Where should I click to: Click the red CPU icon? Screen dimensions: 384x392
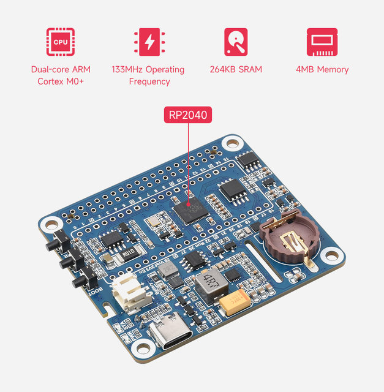click(61, 42)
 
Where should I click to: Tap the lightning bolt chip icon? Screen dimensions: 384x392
click(148, 42)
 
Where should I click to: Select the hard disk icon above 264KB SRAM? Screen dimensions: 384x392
click(235, 42)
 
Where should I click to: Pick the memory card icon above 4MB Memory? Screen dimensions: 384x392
click(322, 42)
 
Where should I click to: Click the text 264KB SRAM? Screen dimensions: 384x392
click(235, 69)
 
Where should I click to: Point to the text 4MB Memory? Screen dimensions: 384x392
click(322, 69)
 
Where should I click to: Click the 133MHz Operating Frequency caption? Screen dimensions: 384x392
click(148, 75)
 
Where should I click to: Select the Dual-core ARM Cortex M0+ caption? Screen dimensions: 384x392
click(61, 75)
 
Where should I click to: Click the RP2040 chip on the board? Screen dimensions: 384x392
click(190, 211)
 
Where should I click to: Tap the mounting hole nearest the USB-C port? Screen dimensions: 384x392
click(145, 348)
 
